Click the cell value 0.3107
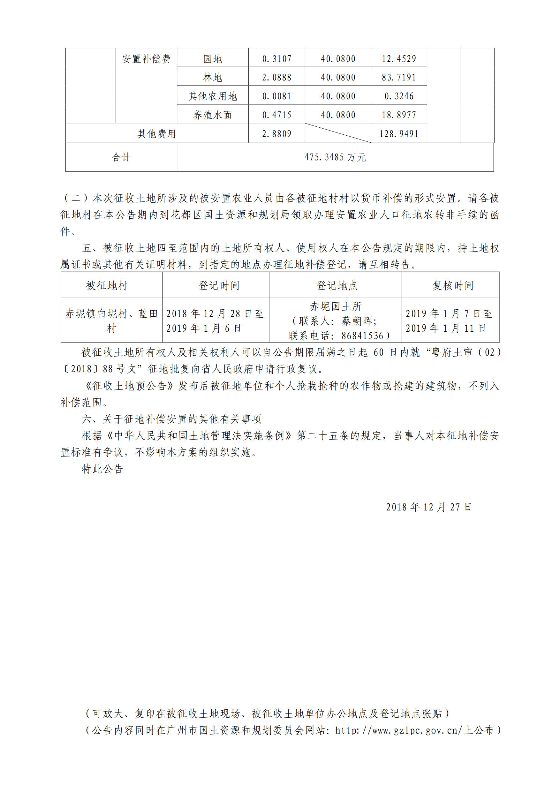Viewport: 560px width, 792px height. (x=276, y=59)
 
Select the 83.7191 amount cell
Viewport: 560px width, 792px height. (x=398, y=77)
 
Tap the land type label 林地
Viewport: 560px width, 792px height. (x=213, y=77)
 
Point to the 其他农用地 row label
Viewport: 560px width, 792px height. (x=213, y=96)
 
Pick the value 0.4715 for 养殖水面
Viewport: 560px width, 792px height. (x=276, y=115)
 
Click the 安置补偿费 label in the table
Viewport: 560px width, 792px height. (x=146, y=59)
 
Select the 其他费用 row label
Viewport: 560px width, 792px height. (x=157, y=133)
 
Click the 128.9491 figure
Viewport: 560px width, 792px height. (x=398, y=133)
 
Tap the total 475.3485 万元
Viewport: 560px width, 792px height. (x=335, y=157)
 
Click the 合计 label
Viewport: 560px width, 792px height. (x=121, y=157)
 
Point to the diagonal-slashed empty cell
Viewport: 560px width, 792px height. (x=338, y=133)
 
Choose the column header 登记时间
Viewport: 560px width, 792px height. (x=219, y=286)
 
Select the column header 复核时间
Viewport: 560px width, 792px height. (x=453, y=286)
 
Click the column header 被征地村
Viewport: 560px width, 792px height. (x=107, y=286)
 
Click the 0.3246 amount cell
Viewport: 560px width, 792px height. (x=398, y=96)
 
